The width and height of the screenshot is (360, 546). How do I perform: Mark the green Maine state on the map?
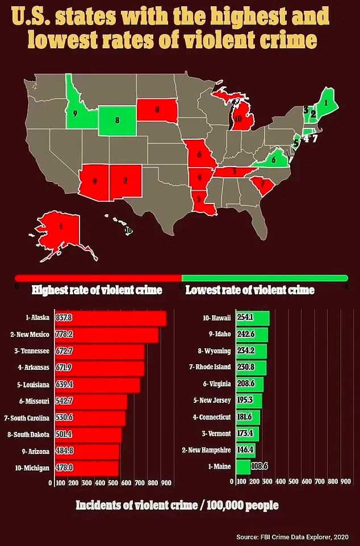326,102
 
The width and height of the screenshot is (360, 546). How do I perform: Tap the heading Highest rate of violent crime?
97,290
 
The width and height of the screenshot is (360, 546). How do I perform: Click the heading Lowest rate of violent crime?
250,290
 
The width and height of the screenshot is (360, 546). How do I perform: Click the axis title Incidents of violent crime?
177,505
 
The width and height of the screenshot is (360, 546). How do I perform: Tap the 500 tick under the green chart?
294,482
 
